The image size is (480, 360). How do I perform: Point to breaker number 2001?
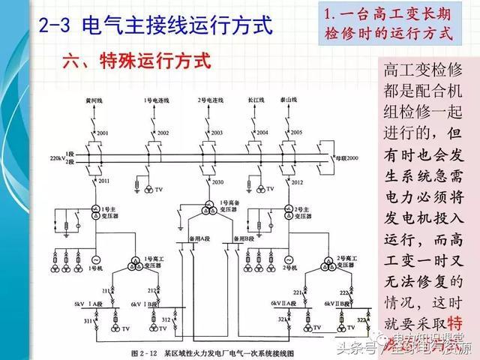click(x=102, y=133)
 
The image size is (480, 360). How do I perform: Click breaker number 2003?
click(x=217, y=133)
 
